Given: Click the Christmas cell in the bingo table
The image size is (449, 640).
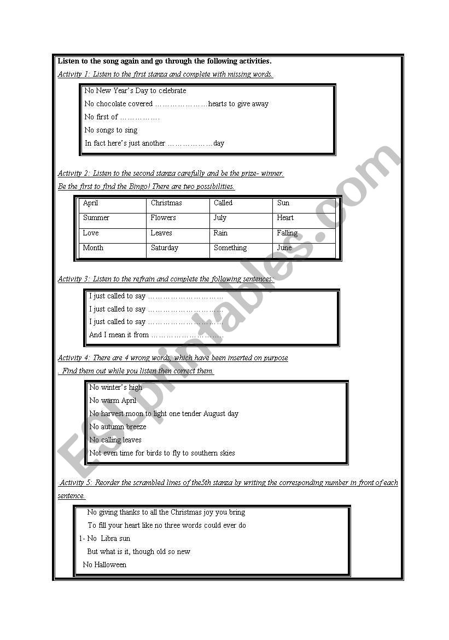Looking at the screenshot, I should (166, 203).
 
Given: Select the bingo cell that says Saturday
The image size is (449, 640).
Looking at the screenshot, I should (165, 248).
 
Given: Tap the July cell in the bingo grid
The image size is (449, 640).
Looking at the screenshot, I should (220, 218).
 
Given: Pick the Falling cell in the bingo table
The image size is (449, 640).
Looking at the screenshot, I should (287, 233).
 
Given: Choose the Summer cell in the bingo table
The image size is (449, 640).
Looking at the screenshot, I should (96, 218).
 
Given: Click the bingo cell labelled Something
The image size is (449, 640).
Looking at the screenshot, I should (230, 248).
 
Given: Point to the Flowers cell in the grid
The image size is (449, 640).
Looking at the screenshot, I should (164, 218).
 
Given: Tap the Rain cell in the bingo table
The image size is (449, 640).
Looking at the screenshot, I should (220, 233).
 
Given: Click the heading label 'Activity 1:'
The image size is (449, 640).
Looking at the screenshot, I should (74, 74).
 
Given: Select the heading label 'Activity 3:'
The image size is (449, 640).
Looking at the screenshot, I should (74, 279).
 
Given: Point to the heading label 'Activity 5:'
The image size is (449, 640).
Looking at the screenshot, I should (77, 483).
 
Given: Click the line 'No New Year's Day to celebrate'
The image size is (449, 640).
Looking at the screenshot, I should (135, 91).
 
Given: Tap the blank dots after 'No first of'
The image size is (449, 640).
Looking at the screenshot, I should (139, 117).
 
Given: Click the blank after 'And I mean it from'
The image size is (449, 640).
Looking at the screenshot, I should (187, 335).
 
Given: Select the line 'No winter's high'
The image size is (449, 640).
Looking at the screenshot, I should (115, 388).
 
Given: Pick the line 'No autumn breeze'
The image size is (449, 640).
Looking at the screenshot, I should (118, 427).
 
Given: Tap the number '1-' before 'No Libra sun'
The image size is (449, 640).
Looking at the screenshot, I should (82, 539).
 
